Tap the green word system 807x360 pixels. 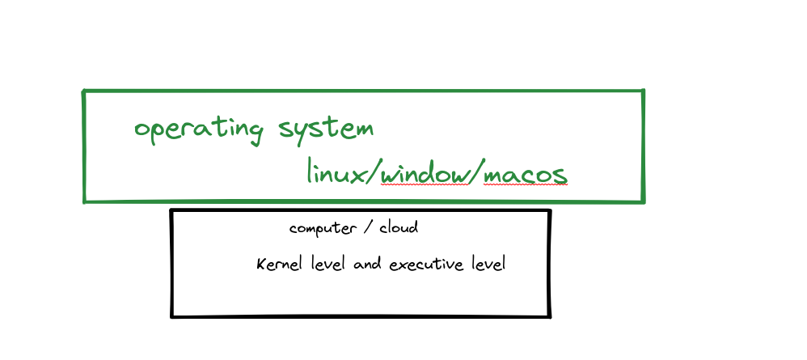click(x=326, y=129)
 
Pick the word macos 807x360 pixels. click(x=526, y=173)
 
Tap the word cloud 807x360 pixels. click(x=399, y=227)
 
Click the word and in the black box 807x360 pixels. click(x=367, y=265)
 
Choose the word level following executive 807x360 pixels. click(x=487, y=265)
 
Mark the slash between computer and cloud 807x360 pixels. click(x=367, y=228)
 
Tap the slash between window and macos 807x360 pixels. click(x=475, y=172)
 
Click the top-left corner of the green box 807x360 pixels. click(x=85, y=92)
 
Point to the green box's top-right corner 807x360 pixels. click(x=643, y=91)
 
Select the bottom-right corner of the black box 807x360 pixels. click(x=550, y=316)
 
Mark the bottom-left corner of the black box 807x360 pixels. click(x=172, y=316)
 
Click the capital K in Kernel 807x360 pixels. click(x=261, y=265)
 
